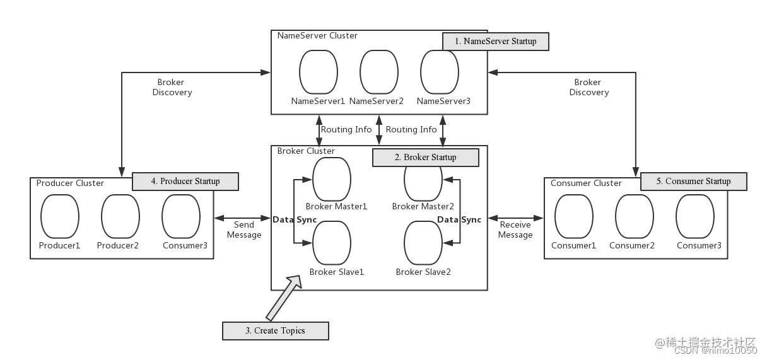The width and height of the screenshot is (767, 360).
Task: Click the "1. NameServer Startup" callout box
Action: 495,42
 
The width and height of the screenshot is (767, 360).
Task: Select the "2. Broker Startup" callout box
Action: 425,157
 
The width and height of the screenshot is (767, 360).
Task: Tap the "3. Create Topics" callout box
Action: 276,330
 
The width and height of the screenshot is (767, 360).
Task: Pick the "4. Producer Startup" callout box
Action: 185,182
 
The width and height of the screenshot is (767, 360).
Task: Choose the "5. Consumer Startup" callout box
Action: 693,182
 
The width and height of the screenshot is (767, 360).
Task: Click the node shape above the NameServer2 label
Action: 379,72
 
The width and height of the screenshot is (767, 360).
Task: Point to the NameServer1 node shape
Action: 319,72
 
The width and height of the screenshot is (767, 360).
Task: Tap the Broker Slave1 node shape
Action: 332,243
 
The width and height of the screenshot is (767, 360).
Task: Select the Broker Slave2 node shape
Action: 423,243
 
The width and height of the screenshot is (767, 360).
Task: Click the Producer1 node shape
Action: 60,216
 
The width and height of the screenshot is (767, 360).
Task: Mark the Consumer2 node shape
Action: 635,216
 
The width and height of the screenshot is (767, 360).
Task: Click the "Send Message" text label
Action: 244,229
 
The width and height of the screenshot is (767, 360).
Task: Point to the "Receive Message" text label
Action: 515,229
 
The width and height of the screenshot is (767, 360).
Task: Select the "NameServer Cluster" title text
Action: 317,36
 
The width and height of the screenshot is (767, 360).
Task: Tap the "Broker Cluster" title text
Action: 307,151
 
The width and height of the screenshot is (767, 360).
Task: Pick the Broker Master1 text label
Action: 336,206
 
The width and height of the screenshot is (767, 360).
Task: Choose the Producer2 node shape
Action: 120,216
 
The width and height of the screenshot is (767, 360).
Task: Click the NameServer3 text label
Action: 443,101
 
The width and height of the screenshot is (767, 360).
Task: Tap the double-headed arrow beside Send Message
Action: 243,218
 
